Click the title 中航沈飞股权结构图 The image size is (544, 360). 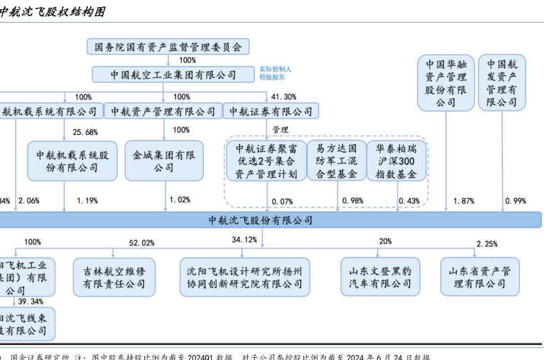click(x=53, y=12)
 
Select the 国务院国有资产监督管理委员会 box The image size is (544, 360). click(x=168, y=48)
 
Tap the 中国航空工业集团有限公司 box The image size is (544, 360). click(x=173, y=75)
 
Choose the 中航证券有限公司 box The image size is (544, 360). click(x=271, y=111)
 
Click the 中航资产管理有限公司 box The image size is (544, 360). click(x=163, y=111)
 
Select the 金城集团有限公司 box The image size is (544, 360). click(x=164, y=161)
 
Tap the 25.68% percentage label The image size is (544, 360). click(x=85, y=132)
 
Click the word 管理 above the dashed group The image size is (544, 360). click(x=280, y=130)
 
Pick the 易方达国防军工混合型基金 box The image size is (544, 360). click(x=337, y=161)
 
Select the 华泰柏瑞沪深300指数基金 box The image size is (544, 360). click(x=398, y=161)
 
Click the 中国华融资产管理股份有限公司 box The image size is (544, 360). click(x=446, y=82)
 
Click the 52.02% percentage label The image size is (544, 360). click(x=141, y=243)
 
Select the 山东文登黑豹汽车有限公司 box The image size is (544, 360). click(x=380, y=277)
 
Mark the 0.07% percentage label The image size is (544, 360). click(x=282, y=201)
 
